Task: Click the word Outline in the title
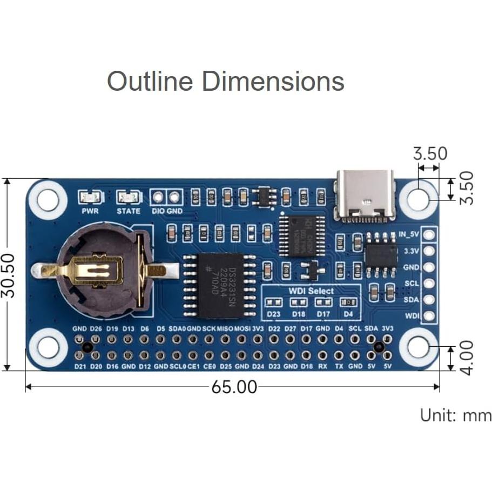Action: (150, 82)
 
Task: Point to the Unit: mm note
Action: (456, 415)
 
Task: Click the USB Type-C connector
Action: (365, 196)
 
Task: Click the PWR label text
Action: (90, 211)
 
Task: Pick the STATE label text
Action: (129, 211)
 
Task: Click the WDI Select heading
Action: (310, 291)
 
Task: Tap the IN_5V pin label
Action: (409, 235)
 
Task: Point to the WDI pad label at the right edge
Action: (412, 316)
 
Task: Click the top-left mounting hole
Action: (48, 199)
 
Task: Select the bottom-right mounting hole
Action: (419, 347)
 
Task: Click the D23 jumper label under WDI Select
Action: (274, 313)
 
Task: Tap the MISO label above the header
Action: (225, 328)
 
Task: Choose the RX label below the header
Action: (323, 366)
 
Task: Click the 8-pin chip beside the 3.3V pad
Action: (381, 252)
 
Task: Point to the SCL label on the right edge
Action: (412, 284)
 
